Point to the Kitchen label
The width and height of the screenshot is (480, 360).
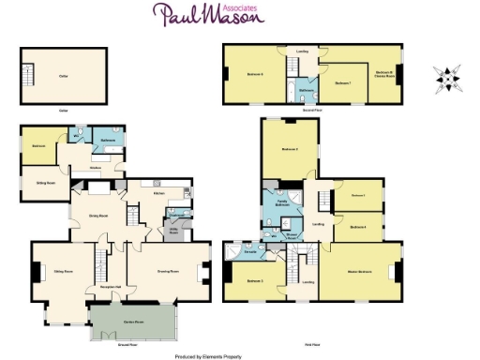pyautogui.click(x=160, y=194)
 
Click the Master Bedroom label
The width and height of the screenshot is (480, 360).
pyautogui.click(x=359, y=272)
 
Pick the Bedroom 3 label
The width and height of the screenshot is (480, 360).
pyautogui.click(x=255, y=280)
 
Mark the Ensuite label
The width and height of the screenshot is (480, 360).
pyautogui.click(x=250, y=252)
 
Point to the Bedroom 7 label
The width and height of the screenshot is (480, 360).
pyautogui.click(x=341, y=83)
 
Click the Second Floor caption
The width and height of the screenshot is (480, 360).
pyautogui.click(x=312, y=111)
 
